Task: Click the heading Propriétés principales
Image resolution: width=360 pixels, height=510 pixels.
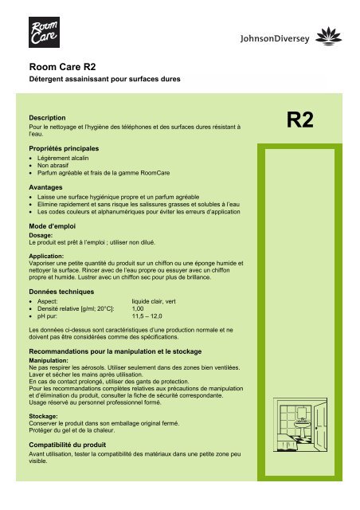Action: tap(75, 148)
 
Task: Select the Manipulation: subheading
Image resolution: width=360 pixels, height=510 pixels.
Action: tap(50, 360)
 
